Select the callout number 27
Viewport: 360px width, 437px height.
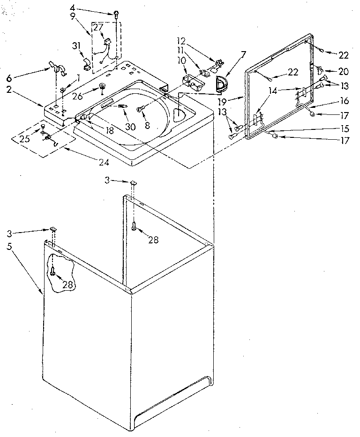tap(98, 27)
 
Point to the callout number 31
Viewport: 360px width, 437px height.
tap(77, 45)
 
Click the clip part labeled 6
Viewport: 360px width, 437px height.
tap(55, 66)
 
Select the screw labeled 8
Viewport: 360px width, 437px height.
tap(140, 109)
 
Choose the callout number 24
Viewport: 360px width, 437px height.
tap(104, 162)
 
